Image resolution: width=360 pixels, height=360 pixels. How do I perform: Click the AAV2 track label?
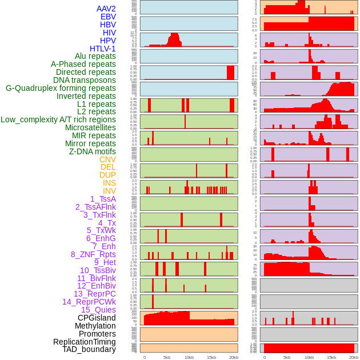pyautogui.click(x=106, y=9)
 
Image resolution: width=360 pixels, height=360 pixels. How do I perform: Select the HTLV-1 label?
pyautogui.click(x=103, y=49)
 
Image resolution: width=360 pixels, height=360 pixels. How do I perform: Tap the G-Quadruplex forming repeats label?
pyautogui.click(x=61, y=88)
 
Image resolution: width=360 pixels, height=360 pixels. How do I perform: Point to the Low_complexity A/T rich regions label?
pyautogui.click(x=58, y=119)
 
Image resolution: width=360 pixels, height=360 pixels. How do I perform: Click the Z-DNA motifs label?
pyautogui.click(x=93, y=151)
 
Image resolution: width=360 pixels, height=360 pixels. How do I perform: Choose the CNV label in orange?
pyautogui.click(x=107, y=159)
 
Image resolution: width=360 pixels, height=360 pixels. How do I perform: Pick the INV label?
pyautogui.click(x=109, y=191)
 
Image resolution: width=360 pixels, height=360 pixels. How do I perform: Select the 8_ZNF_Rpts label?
pyautogui.click(x=93, y=254)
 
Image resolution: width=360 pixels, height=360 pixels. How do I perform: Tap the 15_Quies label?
pyautogui.click(x=98, y=310)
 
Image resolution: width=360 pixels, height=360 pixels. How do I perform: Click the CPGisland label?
pyautogui.click(x=97, y=318)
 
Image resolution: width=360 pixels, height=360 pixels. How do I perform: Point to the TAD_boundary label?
pyautogui.click(x=89, y=349)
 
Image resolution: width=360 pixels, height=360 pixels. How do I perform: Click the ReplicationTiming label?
pyautogui.click(x=84, y=342)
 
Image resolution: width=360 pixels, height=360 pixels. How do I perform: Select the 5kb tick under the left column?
pyautogui.click(x=166, y=357)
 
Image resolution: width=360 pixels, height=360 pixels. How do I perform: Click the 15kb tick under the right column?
pyautogui.click(x=331, y=357)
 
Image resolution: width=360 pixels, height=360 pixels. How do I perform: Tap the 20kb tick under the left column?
pyautogui.click(x=233, y=357)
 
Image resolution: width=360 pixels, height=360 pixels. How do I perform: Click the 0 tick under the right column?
pyautogui.click(x=264, y=357)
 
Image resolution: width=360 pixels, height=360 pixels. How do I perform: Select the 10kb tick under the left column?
pyautogui.click(x=189, y=357)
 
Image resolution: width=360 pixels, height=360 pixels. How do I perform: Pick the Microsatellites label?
pyautogui.click(x=90, y=127)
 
